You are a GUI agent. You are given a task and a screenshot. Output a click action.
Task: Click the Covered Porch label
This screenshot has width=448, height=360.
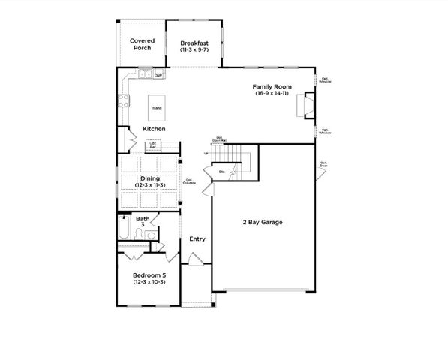click(141, 44)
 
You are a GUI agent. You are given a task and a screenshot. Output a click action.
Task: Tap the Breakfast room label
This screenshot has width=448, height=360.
click(194, 44)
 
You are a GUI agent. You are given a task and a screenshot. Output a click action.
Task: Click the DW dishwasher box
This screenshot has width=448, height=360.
click(158, 75)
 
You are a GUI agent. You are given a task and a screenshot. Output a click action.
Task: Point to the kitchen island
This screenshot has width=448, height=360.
click(156, 107)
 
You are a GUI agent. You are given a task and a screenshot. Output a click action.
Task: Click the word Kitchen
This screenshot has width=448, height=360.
click(154, 129)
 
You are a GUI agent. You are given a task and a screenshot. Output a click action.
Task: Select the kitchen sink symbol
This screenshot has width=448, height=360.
click(143, 74)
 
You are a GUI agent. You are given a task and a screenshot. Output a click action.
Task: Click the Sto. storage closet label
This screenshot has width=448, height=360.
click(222, 172)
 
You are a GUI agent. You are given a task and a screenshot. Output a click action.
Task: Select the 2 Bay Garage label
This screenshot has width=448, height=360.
click(262, 222)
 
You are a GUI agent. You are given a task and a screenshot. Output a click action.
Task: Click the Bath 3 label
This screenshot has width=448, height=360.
click(142, 222)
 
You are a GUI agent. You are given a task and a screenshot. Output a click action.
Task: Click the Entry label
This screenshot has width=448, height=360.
click(197, 239)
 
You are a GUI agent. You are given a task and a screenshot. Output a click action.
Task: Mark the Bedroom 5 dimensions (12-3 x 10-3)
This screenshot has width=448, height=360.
click(149, 282)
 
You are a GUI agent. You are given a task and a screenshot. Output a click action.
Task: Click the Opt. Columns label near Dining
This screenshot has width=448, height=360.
click(191, 181)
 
